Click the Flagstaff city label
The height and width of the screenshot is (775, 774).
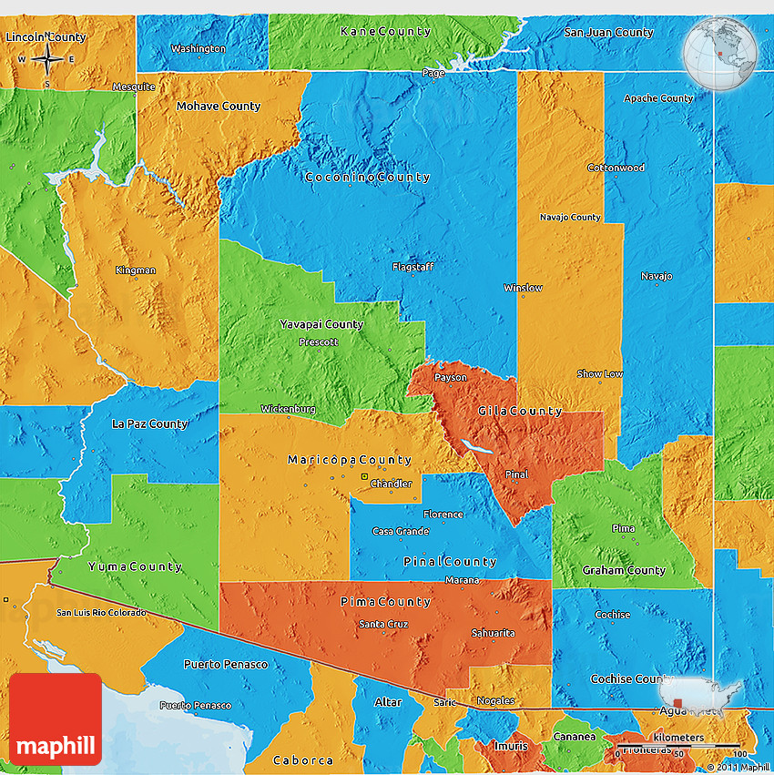(x=412, y=268)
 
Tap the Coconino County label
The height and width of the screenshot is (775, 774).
(x=368, y=177)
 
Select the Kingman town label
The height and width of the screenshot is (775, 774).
(x=136, y=270)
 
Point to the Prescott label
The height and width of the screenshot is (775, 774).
(x=318, y=342)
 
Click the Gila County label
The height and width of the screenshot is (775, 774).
(x=520, y=412)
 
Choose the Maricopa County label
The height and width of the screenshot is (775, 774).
(x=350, y=460)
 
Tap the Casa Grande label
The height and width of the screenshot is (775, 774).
(x=401, y=532)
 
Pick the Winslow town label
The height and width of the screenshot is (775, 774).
(x=523, y=288)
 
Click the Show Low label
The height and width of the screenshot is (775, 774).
(x=600, y=374)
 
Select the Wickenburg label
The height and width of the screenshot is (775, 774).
(x=288, y=409)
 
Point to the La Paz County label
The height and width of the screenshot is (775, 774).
(x=149, y=424)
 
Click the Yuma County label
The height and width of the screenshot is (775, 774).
(x=135, y=566)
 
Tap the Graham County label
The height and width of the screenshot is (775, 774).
(x=624, y=570)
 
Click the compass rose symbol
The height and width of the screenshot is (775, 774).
(x=46, y=61)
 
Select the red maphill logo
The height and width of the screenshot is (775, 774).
(x=56, y=719)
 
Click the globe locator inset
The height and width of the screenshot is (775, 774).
(x=719, y=53)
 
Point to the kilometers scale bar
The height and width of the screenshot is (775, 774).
(x=677, y=744)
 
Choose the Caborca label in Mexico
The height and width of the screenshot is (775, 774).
(x=303, y=760)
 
